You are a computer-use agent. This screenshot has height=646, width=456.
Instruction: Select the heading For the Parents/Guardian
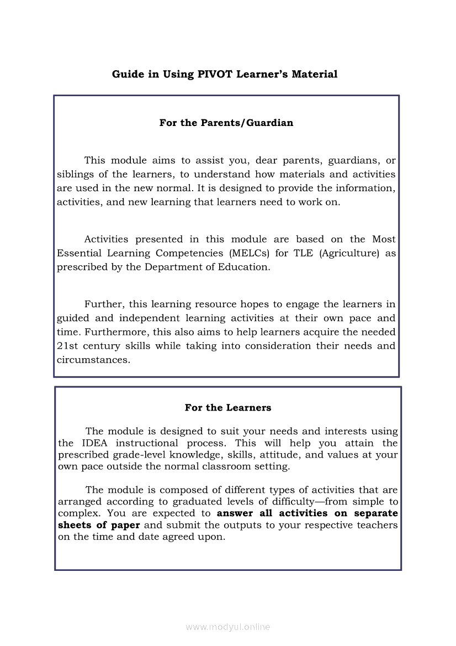click(226, 123)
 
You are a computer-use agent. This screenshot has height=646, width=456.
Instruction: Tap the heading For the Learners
click(228, 408)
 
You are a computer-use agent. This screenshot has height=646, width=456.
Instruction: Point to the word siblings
click(76, 175)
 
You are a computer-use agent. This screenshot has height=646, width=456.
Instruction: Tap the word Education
click(244, 267)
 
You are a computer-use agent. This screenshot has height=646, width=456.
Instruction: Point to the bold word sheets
click(75, 525)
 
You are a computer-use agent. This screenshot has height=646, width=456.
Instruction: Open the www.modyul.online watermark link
click(228, 627)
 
